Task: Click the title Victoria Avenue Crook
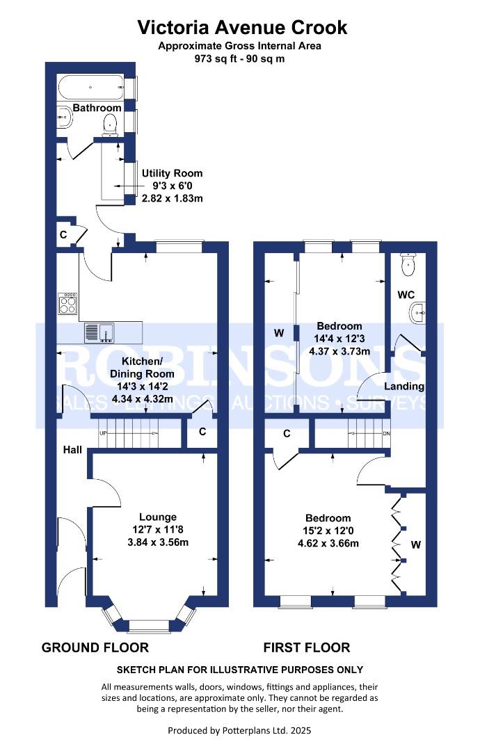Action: pyautogui.click(x=242, y=27)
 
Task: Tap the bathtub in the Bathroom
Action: pyautogui.click(x=90, y=88)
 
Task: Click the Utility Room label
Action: pyautogui.click(x=172, y=173)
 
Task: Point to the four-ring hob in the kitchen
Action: pyautogui.click(x=69, y=304)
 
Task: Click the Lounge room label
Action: pyautogui.click(x=157, y=517)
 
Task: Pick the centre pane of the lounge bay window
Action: pyautogui.click(x=149, y=626)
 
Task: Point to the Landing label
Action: pyautogui.click(x=406, y=386)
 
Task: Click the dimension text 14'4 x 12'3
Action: pyautogui.click(x=339, y=339)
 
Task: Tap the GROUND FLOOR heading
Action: pyautogui.click(x=95, y=648)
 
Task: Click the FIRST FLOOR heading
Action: pyautogui.click(x=306, y=648)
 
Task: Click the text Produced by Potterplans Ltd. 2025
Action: pyautogui.click(x=239, y=730)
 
